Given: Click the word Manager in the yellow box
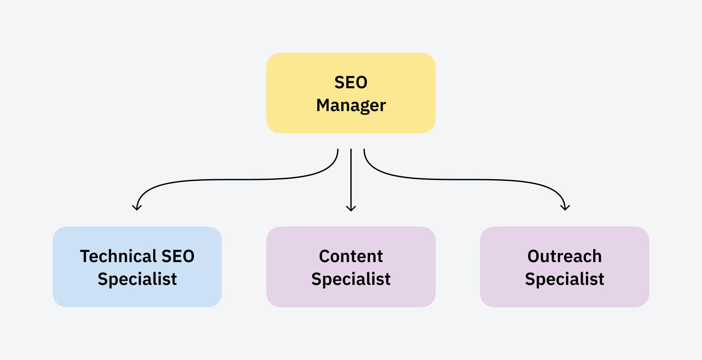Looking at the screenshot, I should (351, 105).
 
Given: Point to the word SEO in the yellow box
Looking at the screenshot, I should (351, 83).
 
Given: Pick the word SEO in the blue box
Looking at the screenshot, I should (178, 256).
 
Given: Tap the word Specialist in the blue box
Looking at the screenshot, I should (137, 279).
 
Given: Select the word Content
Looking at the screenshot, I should (351, 256).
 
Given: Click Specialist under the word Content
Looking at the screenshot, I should (351, 279).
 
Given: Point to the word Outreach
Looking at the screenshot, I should (565, 256).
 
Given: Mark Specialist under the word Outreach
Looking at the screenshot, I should (565, 279).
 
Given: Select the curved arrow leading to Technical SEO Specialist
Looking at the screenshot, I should (237, 180).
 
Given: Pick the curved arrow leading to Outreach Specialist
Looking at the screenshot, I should (465, 180).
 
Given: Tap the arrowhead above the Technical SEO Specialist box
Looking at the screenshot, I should (137, 208).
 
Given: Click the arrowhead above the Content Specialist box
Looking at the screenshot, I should (351, 209).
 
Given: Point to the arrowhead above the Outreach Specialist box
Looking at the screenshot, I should (565, 208).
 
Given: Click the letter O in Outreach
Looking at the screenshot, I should (534, 256).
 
